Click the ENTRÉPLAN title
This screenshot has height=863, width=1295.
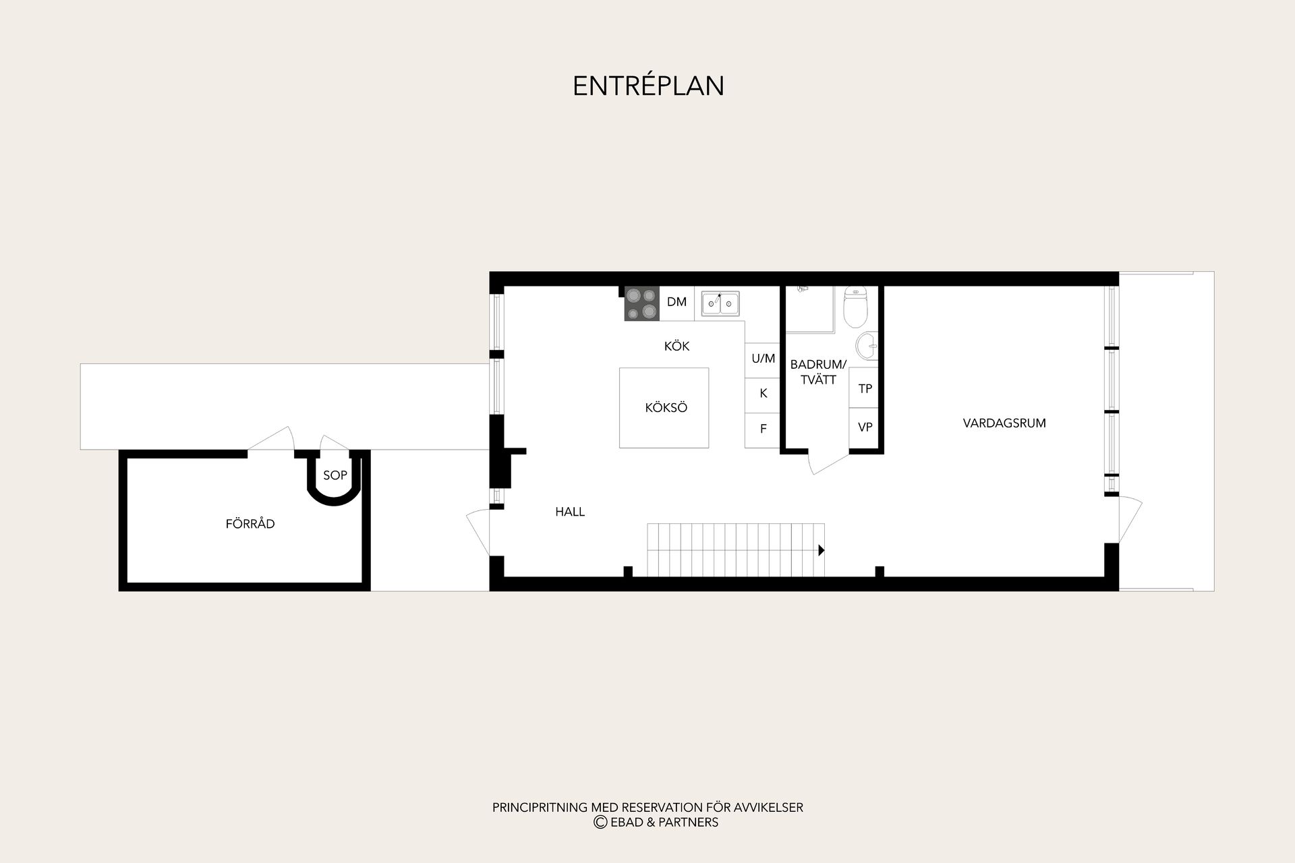(648, 86)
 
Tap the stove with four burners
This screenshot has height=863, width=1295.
(641, 303)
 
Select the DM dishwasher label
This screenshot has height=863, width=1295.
(677, 302)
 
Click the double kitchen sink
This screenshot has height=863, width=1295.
(720, 303)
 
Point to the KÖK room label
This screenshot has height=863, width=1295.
(677, 346)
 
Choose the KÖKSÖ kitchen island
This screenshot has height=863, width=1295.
(664, 408)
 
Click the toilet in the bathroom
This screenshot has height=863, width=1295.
(855, 307)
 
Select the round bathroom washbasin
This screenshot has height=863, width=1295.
(867, 347)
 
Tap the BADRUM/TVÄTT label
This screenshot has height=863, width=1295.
(818, 372)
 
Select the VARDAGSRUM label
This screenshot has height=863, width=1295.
(1004, 423)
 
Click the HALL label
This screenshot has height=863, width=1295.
(570, 512)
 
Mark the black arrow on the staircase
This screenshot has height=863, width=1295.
(822, 550)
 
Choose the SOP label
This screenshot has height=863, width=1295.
(335, 475)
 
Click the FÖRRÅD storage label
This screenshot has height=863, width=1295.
(250, 523)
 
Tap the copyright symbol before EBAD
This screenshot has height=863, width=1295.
(600, 822)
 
